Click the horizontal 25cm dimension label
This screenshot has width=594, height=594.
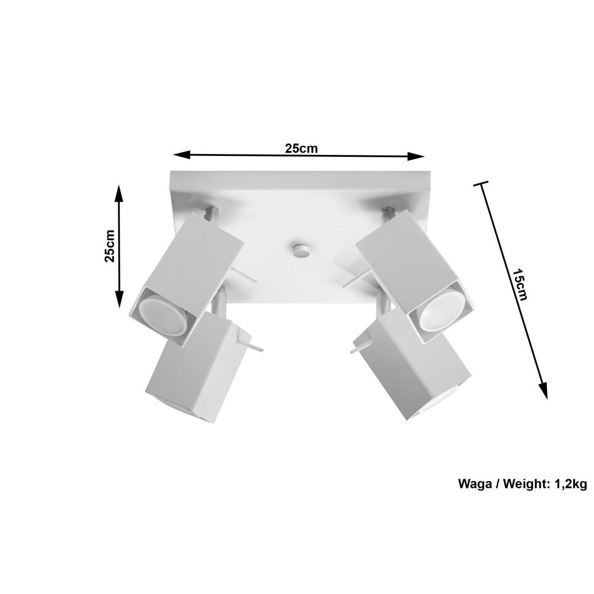pyautogui.click(x=300, y=148)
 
